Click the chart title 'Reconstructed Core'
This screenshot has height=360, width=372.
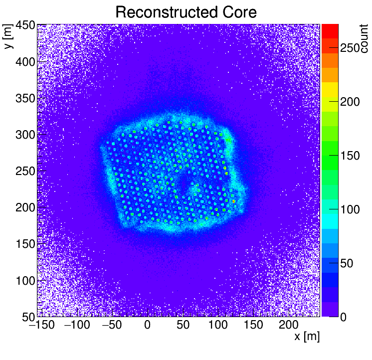[186, 12]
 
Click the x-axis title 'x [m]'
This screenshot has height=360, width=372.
[307, 337]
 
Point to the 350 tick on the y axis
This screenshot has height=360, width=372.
[24, 98]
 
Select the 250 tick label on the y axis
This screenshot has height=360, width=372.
[24, 171]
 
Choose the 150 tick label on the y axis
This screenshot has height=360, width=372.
[24, 244]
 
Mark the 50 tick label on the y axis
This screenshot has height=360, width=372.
[27, 317]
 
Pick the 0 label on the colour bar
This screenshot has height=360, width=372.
[344, 317]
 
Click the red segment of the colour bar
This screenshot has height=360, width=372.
[330, 31]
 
